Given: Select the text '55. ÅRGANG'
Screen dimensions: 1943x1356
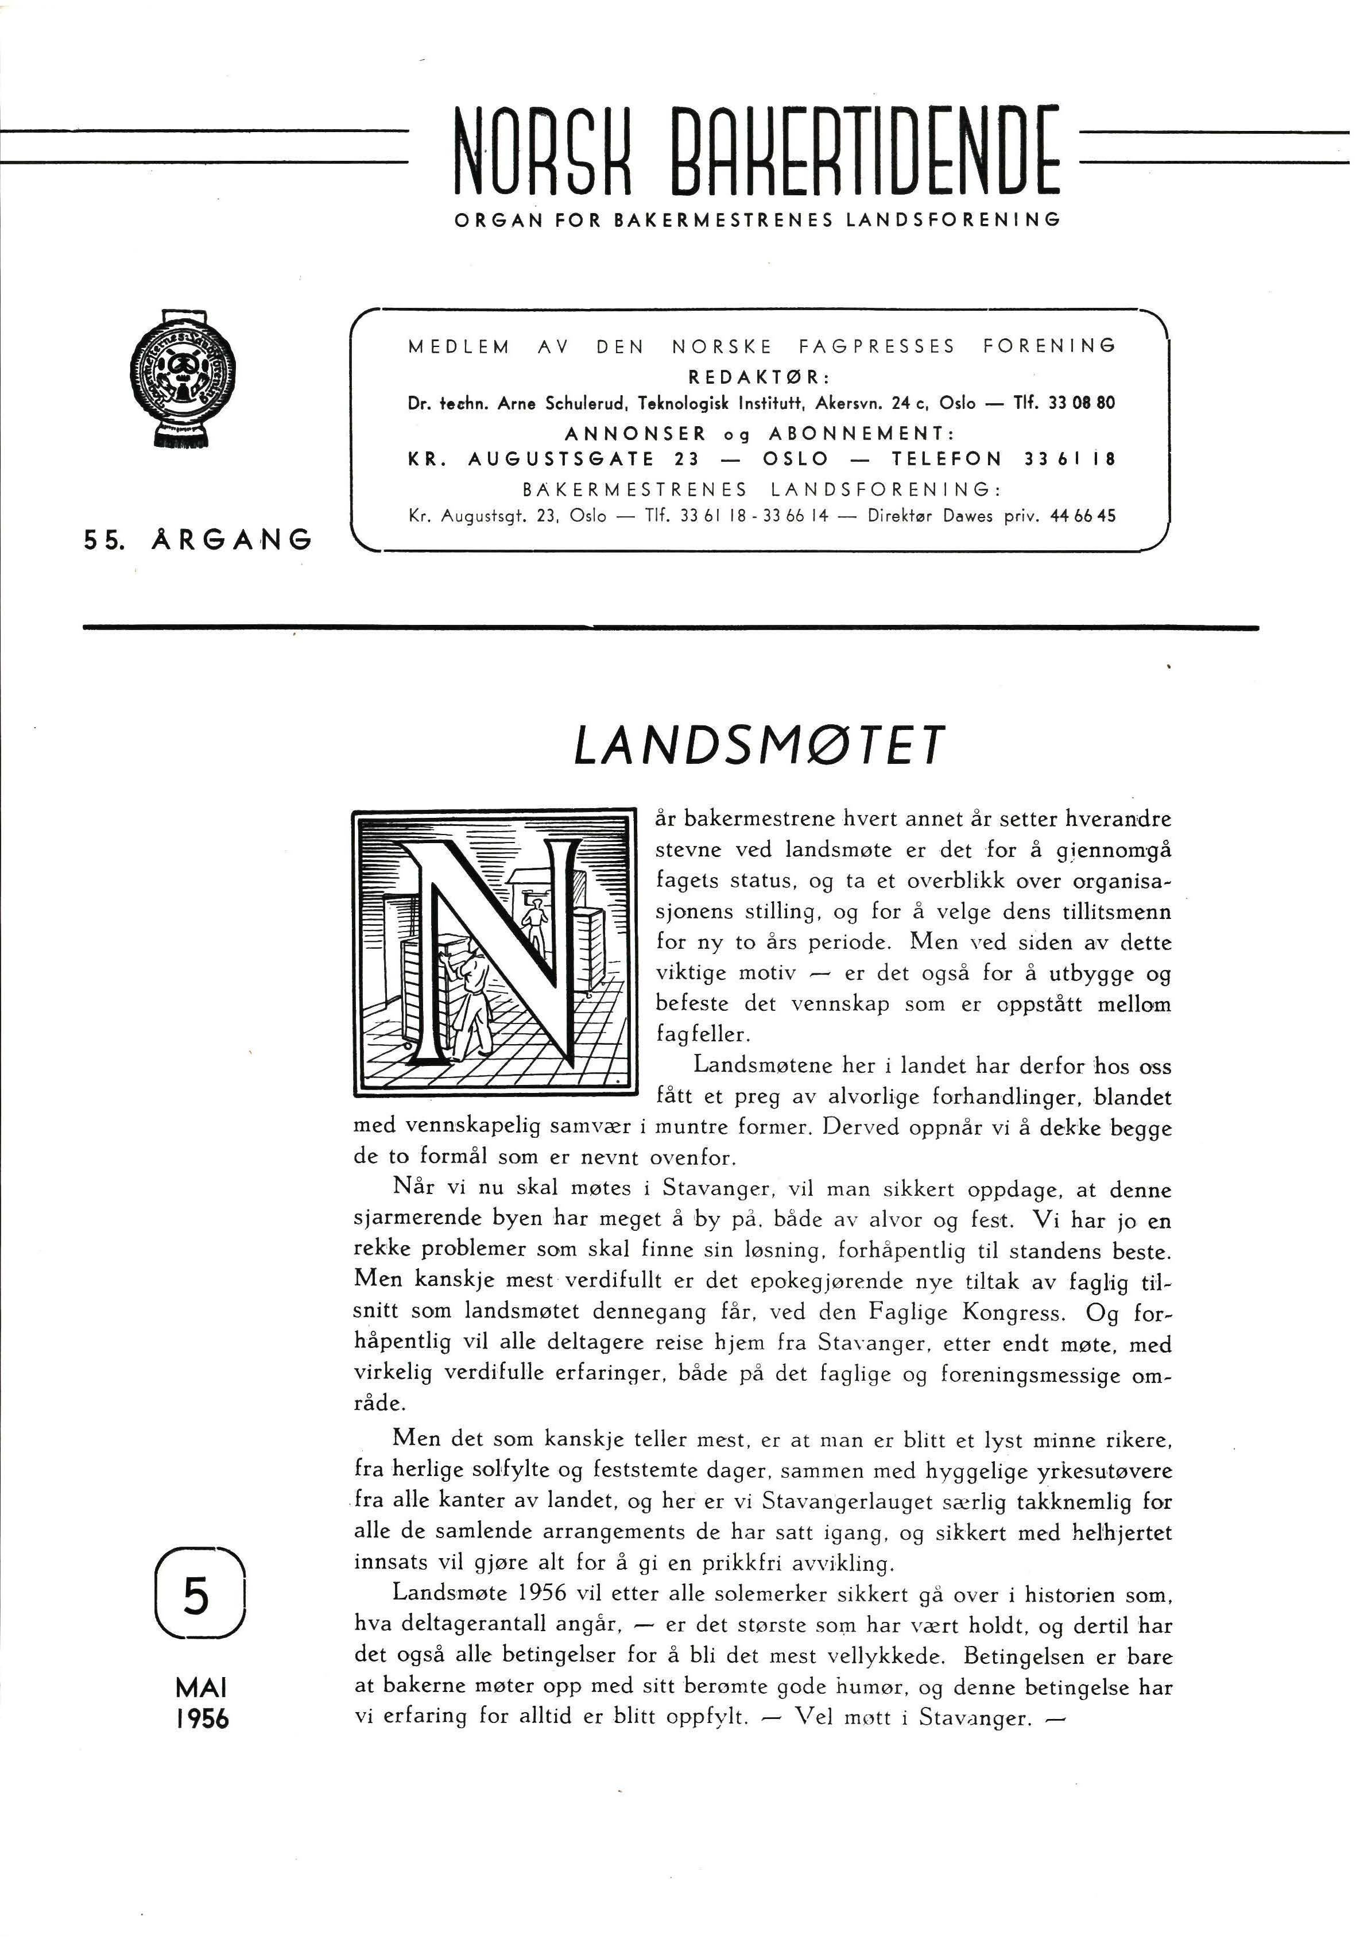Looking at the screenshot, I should point(197,539).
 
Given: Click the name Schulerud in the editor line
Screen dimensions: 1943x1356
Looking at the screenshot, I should point(586,404).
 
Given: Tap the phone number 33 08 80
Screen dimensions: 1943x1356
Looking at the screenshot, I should point(1081,404).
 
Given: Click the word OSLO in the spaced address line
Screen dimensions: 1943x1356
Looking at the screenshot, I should point(796,459).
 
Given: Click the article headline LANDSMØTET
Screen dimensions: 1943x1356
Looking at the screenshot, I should point(757,747).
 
